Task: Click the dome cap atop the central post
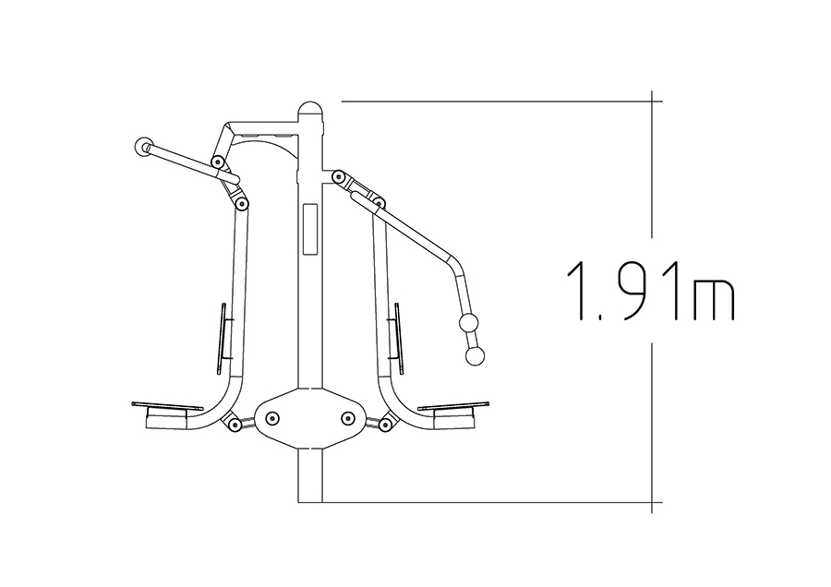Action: (310, 110)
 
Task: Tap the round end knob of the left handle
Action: (143, 148)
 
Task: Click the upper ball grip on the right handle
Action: (468, 323)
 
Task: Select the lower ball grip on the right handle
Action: (475, 356)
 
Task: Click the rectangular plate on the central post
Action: (310, 229)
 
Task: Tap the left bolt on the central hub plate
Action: (272, 418)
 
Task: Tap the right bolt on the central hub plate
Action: (348, 418)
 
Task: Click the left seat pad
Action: (167, 406)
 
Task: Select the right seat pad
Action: (452, 406)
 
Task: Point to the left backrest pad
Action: (222, 339)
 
